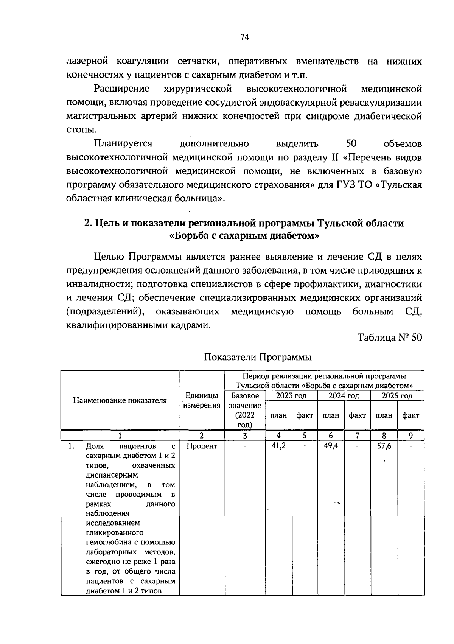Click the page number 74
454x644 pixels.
tap(244, 37)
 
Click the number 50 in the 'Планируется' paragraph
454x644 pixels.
tap(351, 144)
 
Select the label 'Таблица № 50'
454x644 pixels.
tap(390, 337)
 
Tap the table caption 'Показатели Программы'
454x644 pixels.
tap(258, 357)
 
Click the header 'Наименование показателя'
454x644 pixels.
tap(120, 401)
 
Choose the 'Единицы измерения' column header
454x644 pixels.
tap(202, 401)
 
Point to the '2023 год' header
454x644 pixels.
tap(291, 396)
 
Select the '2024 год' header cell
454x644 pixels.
tap(344, 396)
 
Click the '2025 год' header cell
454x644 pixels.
tap(397, 396)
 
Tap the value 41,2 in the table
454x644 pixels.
tap(278, 446)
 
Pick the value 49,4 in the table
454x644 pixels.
tap(331, 446)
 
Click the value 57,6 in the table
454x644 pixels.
tap(384, 446)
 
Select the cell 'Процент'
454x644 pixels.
tap(202, 446)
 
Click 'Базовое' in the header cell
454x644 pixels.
tap(245, 396)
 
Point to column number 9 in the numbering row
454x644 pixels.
tap(410, 436)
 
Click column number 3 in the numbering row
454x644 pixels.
tap(245, 436)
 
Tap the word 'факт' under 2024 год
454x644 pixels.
tap(357, 415)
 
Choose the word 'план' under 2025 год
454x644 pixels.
tap(384, 415)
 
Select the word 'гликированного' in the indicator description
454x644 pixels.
tap(115, 533)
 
